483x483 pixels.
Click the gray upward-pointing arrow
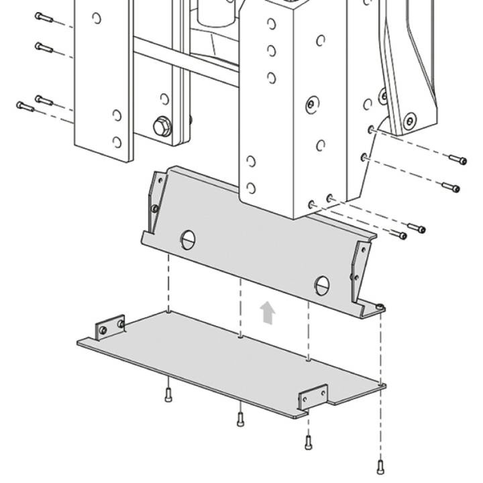pyautogui.click(x=268, y=313)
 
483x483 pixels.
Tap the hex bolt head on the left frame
pyautogui.click(x=162, y=125)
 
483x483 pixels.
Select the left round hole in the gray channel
pyautogui.click(x=188, y=238)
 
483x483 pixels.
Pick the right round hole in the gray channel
pyautogui.click(x=322, y=284)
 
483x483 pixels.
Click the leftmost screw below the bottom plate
pyautogui.click(x=168, y=395)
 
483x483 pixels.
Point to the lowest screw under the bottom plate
pyautogui.click(x=381, y=464)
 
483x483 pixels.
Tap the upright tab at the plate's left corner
pyautogui.click(x=111, y=327)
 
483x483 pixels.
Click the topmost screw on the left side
pyautogui.click(x=44, y=17)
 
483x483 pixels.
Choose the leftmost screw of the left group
pyautogui.click(x=25, y=106)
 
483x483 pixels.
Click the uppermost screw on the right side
pyautogui.click(x=458, y=160)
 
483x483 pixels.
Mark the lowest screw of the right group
pyautogui.click(x=400, y=235)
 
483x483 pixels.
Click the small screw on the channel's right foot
pyautogui.click(x=380, y=307)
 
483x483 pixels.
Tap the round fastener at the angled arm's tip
pyautogui.click(x=410, y=121)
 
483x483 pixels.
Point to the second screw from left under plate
pyautogui.click(x=240, y=418)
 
